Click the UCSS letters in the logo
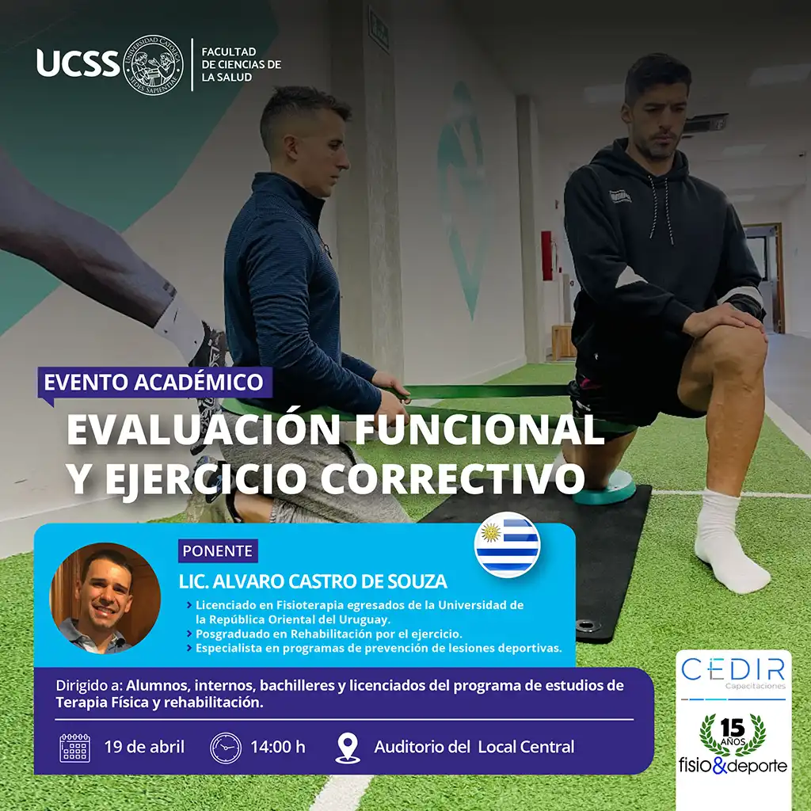[78, 63]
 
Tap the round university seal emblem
[154, 65]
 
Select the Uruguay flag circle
[507, 545]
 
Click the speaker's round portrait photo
[105, 599]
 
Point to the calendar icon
[75, 748]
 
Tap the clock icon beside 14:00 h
[226, 748]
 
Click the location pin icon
[348, 748]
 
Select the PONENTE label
[218, 551]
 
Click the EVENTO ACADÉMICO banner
[154, 383]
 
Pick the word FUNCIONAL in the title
[479, 429]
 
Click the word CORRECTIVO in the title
[452, 478]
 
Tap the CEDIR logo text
[733, 669]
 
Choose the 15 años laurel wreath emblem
[733, 734]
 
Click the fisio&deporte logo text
[733, 766]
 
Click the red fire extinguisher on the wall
[546, 256]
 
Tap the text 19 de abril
[144, 748]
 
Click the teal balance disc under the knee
[604, 487]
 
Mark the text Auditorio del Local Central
[474, 748]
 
